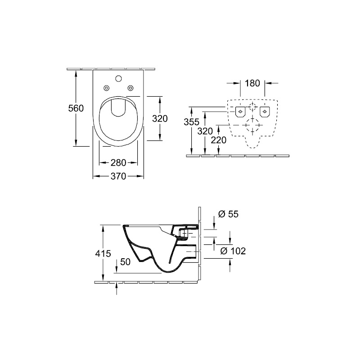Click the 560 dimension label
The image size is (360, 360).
tap(76, 108)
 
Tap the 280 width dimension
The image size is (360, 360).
tap(118, 163)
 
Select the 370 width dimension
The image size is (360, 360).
tap(118, 176)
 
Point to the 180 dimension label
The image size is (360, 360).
tap(252, 83)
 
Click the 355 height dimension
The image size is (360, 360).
tap(192, 122)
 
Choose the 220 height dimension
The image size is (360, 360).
tap(219, 140)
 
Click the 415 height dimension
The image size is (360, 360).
tap(103, 253)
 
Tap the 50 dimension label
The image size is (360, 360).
tap(126, 262)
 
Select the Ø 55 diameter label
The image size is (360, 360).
tap(229, 214)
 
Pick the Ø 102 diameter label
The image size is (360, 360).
tap(233, 251)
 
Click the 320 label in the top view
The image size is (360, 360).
tap(160, 119)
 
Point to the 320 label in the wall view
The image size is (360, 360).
tap(205, 131)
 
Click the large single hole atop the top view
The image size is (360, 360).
tap(118, 79)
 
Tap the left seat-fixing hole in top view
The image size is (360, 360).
tap(106, 88)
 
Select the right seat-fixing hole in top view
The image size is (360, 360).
tap(130, 88)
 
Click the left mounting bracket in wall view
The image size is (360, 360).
tap(240, 112)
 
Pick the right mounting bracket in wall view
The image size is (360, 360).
tap(265, 112)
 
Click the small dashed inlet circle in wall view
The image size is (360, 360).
tap(252, 107)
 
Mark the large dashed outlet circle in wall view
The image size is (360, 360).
tap(252, 126)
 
